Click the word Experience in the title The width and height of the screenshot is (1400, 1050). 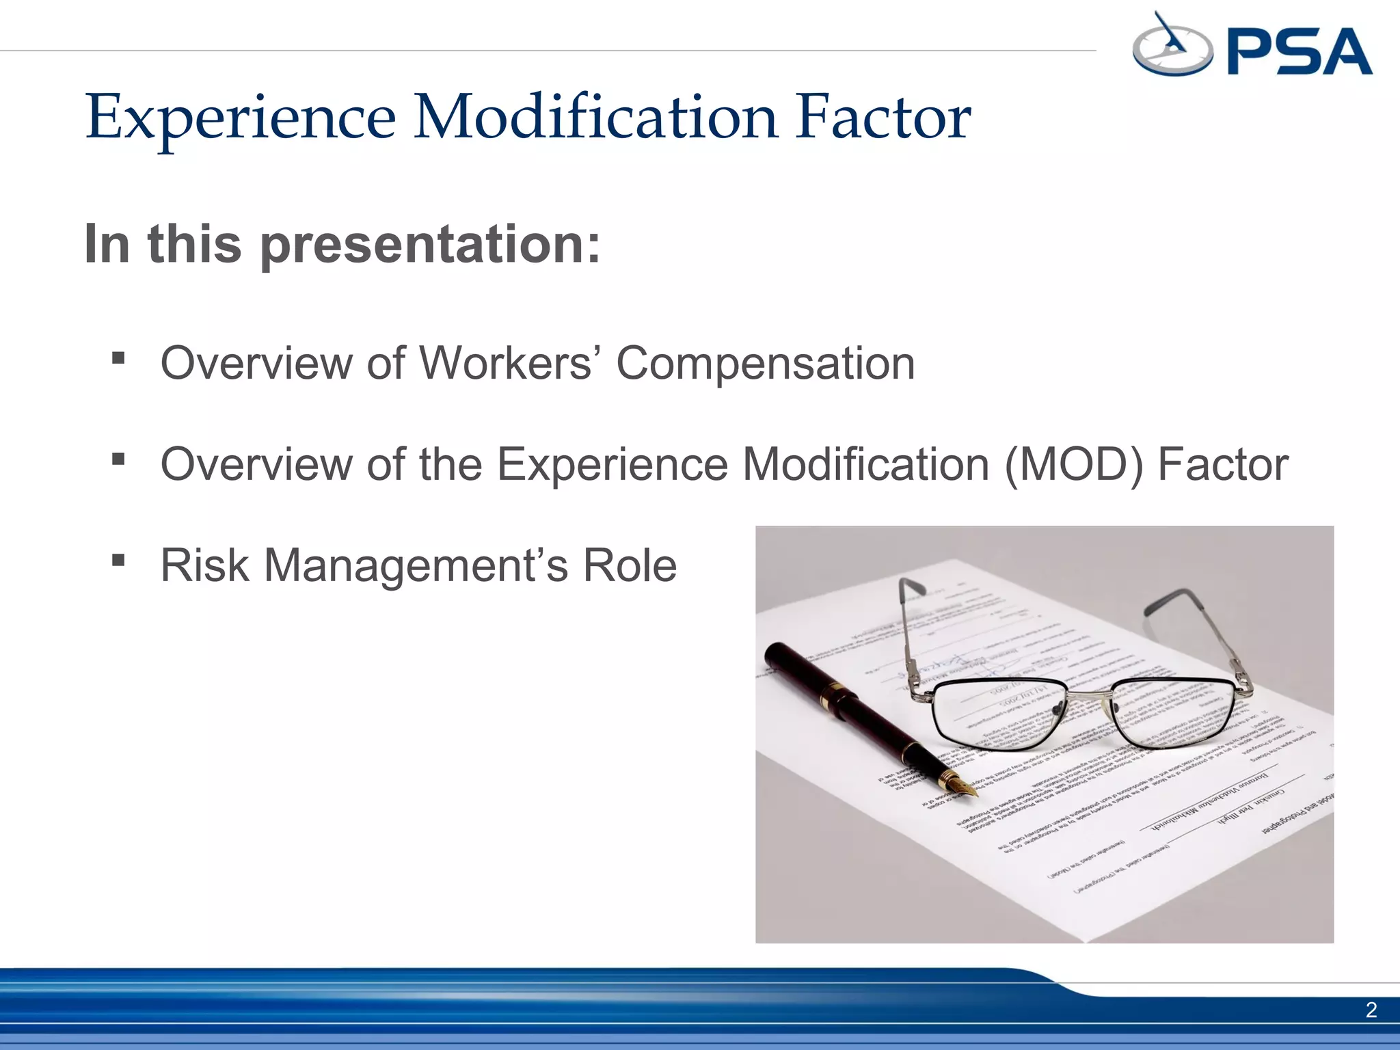241,118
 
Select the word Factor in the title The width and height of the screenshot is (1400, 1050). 882,118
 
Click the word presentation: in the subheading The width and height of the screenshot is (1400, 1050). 431,245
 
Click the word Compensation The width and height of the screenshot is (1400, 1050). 766,363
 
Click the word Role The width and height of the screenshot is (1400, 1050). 629,565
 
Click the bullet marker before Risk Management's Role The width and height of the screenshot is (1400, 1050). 119,561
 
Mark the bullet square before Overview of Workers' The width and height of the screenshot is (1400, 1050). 119,358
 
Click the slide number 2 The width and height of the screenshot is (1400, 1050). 1371,1010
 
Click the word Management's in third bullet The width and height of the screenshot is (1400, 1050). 416,565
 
